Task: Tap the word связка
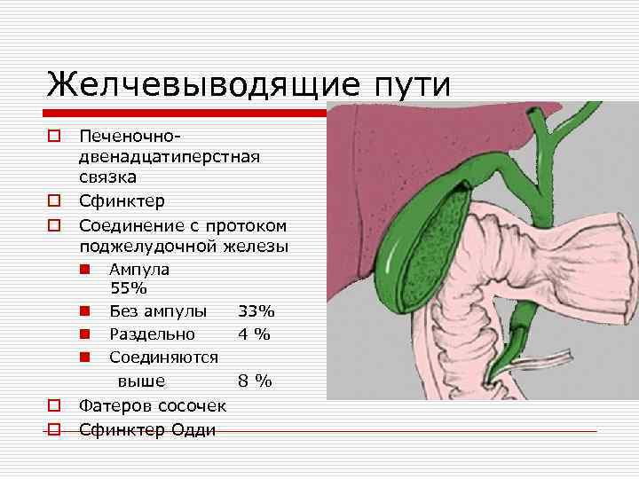(106, 177)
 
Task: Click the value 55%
(129, 288)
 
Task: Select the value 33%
(256, 311)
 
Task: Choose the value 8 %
(255, 381)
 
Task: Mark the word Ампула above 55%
(139, 269)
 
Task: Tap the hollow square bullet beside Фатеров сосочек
(54, 406)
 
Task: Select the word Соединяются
(163, 357)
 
